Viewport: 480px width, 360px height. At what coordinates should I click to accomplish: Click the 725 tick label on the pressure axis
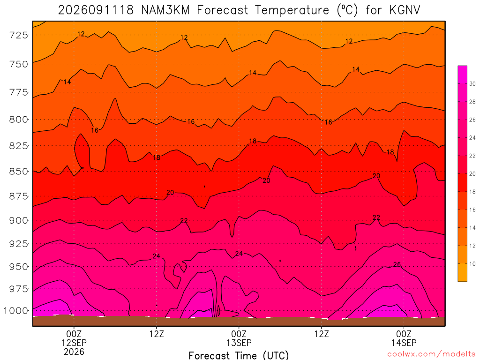[18, 35]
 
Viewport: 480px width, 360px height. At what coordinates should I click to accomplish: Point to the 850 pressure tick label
[18, 172]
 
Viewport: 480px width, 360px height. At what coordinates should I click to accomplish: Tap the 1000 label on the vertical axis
[15, 311]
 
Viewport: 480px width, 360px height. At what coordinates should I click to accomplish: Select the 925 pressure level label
[18, 244]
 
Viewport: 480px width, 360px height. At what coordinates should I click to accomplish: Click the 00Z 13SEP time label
[239, 338]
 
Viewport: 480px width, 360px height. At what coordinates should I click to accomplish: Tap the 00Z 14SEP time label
[404, 338]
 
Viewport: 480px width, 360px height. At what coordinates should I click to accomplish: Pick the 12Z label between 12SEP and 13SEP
[157, 334]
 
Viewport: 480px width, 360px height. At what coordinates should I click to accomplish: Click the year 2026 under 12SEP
[74, 352]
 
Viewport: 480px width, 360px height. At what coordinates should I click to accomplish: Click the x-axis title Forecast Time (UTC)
[239, 355]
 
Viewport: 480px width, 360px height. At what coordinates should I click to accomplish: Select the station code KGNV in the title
[405, 10]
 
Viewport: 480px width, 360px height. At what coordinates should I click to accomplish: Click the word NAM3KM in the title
[165, 10]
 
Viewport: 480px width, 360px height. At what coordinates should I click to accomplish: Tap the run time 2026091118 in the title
[96, 10]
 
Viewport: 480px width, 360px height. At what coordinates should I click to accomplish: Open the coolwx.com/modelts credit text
[432, 354]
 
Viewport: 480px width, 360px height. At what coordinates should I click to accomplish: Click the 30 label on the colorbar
[472, 84]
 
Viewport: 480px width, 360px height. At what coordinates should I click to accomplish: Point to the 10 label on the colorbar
[472, 264]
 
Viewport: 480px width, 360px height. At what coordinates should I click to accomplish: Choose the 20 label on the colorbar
[472, 174]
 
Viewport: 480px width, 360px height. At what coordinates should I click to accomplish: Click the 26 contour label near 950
[397, 264]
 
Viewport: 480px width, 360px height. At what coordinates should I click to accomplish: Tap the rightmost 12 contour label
[349, 41]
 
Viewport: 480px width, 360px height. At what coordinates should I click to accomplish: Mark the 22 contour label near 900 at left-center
[184, 220]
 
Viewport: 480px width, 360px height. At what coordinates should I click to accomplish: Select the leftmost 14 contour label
[67, 82]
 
